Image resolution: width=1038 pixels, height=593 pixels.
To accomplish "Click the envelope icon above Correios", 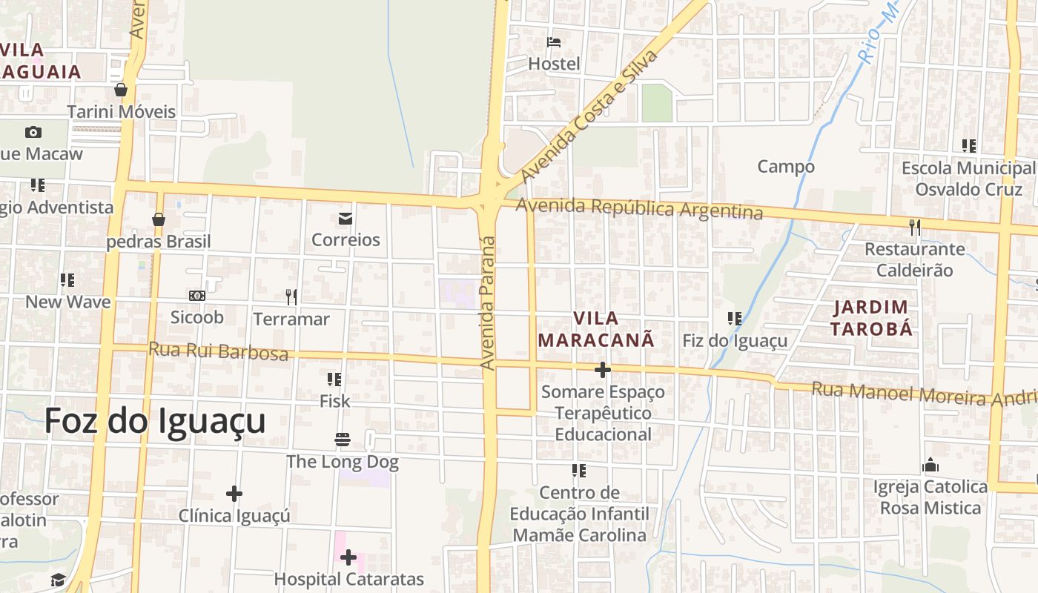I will pyautogui.click(x=346, y=218).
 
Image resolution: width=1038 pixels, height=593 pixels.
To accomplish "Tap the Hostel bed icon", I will pyautogui.click(x=554, y=42).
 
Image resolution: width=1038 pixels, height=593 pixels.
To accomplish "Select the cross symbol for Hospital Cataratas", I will pyautogui.click(x=348, y=557).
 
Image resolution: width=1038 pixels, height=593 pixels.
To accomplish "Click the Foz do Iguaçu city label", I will pyautogui.click(x=155, y=421).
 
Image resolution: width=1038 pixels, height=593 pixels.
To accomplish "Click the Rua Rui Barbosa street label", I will pyautogui.click(x=218, y=351).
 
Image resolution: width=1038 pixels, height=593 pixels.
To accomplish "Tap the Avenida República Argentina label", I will pyautogui.click(x=640, y=208).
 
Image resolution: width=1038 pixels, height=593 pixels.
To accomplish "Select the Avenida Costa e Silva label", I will pyautogui.click(x=589, y=116).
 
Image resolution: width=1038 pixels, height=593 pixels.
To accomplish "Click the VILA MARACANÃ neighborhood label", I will pyautogui.click(x=596, y=329).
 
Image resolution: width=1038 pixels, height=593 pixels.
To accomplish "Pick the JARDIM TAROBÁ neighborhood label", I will pyautogui.click(x=871, y=318).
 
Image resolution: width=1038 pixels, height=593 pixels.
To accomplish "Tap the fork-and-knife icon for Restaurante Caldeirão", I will pyautogui.click(x=915, y=227).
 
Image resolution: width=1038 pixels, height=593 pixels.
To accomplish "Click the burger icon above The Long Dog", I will pyautogui.click(x=342, y=440).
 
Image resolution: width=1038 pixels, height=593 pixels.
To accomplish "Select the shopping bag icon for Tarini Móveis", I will pyautogui.click(x=121, y=90).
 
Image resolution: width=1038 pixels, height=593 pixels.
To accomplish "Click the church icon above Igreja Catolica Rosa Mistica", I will pyautogui.click(x=930, y=466).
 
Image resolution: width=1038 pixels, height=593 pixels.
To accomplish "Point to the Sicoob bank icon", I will pyautogui.click(x=196, y=296).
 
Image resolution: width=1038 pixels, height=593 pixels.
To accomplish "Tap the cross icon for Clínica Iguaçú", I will pyautogui.click(x=234, y=493).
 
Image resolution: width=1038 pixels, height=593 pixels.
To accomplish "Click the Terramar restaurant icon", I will pyautogui.click(x=291, y=297).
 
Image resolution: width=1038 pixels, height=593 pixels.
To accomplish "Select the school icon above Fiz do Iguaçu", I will pyautogui.click(x=734, y=319).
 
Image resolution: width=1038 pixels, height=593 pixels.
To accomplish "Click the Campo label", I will pyautogui.click(x=786, y=167).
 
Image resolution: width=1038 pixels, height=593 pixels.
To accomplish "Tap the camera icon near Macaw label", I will pyautogui.click(x=33, y=132).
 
